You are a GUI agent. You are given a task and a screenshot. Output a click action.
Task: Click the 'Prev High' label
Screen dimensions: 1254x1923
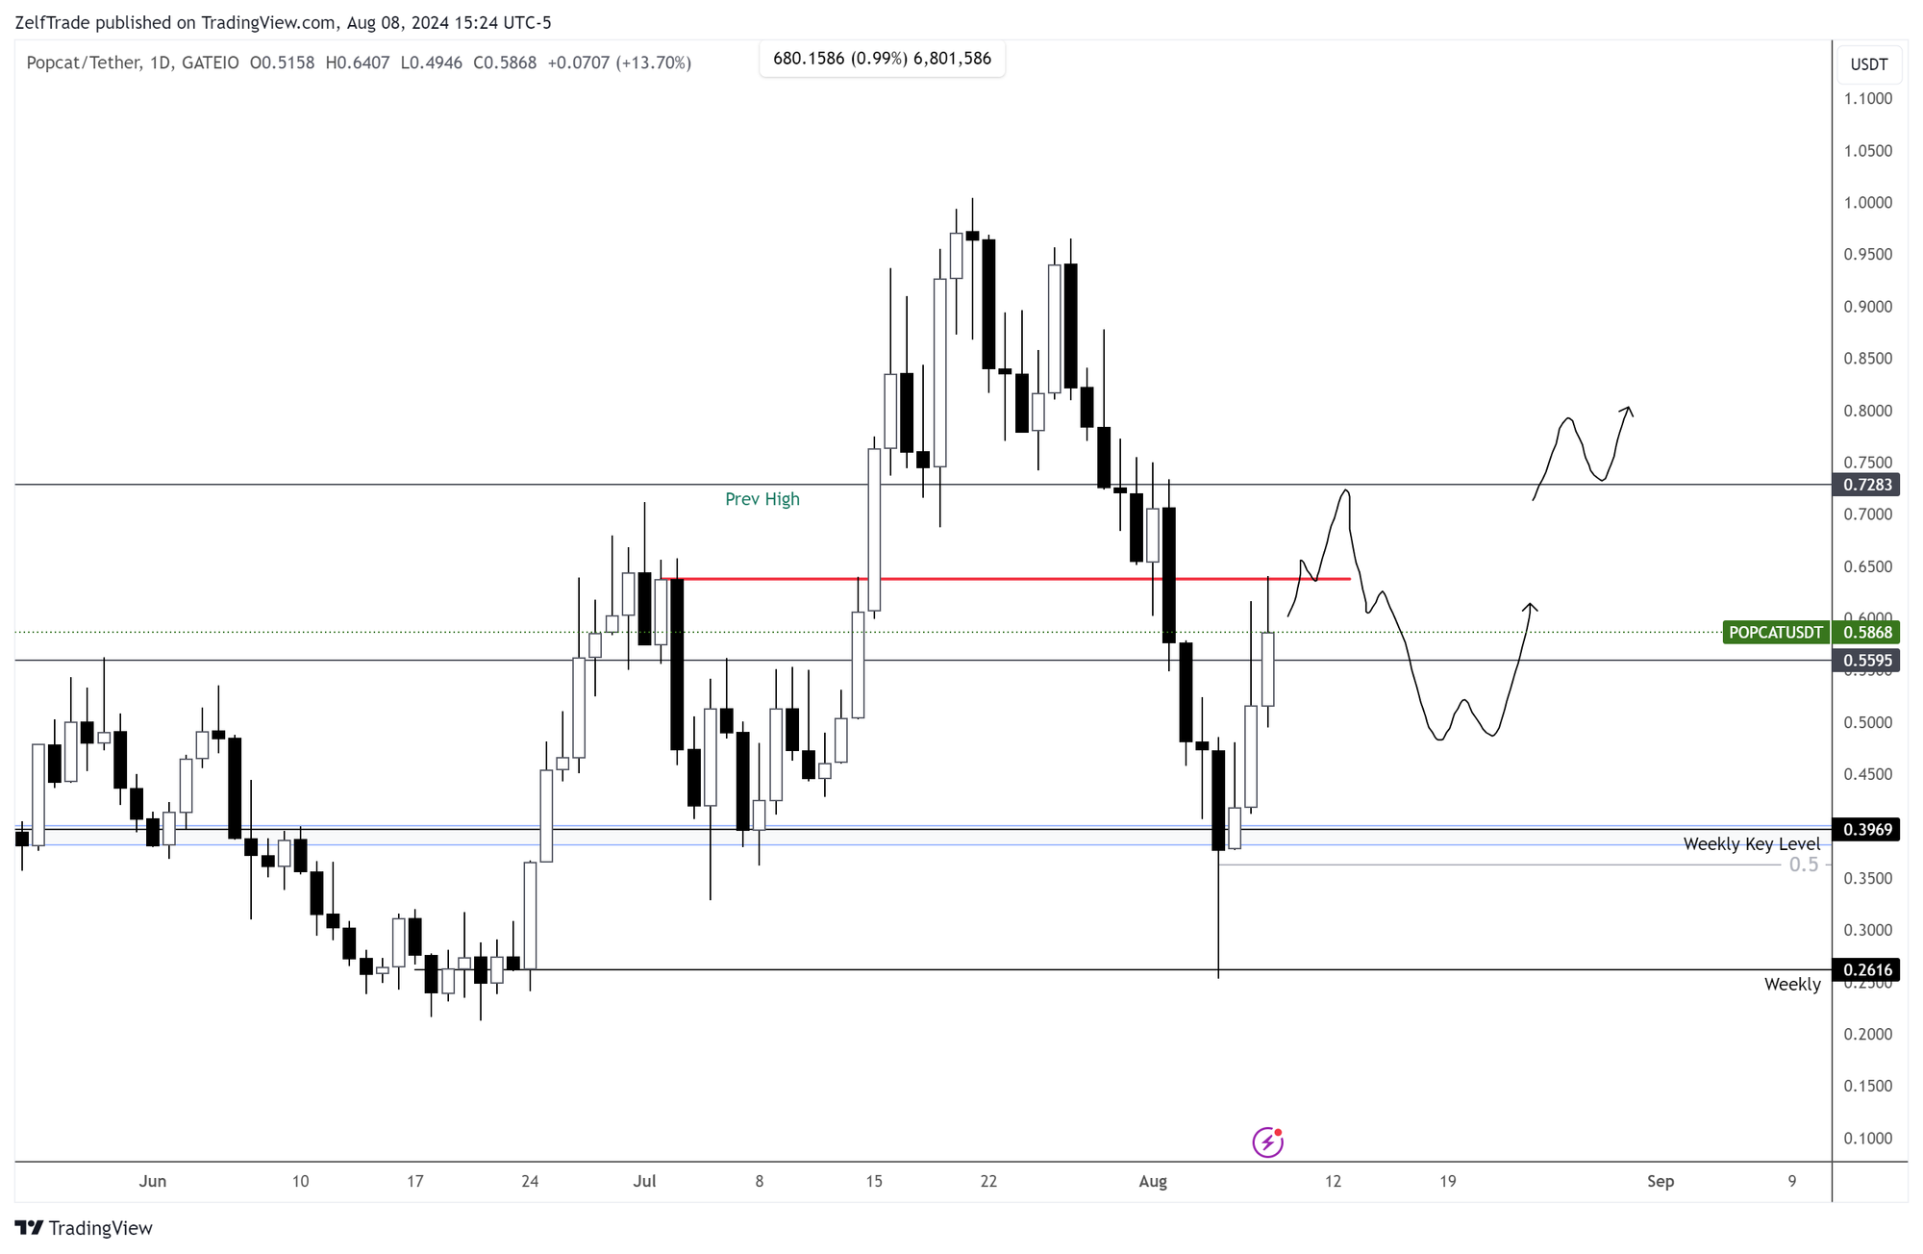[762, 499]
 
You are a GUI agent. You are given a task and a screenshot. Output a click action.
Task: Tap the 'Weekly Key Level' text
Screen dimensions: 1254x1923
[1751, 844]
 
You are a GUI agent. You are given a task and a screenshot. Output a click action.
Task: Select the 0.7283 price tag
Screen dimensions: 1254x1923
[1867, 485]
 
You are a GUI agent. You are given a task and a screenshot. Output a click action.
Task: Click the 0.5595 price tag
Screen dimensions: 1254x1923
[1867, 661]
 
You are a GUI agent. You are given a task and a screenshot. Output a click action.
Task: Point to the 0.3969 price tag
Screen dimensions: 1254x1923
[1867, 829]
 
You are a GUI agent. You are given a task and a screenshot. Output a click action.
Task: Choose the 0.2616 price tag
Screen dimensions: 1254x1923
[1867, 970]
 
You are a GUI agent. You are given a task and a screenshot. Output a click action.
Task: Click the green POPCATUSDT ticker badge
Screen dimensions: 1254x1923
[1775, 633]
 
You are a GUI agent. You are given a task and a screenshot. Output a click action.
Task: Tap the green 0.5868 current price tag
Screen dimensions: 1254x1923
[1867, 633]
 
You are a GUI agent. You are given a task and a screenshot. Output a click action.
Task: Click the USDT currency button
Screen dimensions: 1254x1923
[1868, 64]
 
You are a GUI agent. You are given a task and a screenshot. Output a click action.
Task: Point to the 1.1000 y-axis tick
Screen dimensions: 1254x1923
[1867, 99]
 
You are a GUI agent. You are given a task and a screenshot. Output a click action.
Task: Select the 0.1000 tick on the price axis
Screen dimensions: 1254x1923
[1867, 1139]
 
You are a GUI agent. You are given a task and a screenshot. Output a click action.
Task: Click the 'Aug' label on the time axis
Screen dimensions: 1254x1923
[1152, 1182]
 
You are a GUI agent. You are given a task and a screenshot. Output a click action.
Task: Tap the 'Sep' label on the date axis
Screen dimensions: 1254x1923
[1660, 1182]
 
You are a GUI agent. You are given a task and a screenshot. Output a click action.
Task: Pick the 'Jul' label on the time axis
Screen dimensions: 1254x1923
[644, 1182]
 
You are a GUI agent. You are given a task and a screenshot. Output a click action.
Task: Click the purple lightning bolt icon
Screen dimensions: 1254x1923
[1267, 1142]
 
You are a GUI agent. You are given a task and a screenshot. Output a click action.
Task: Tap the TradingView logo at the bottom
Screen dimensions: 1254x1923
[84, 1228]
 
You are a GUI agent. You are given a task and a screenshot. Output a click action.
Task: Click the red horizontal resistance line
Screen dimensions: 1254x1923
[1010, 579]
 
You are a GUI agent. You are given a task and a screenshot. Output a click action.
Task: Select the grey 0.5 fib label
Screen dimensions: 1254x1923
[1803, 865]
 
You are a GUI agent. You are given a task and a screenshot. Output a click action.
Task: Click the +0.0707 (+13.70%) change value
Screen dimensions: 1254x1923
[618, 63]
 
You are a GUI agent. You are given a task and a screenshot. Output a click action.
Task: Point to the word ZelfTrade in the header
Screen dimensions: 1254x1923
[53, 23]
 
